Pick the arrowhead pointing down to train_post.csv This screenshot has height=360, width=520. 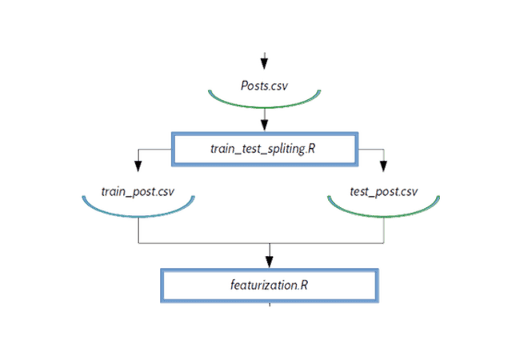click(138, 166)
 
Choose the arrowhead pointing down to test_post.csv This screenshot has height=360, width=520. click(383, 166)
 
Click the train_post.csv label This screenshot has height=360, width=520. click(138, 194)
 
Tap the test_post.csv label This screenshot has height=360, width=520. click(384, 194)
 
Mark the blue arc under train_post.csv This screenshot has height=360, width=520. click(138, 215)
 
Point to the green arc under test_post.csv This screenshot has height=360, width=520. click(384, 215)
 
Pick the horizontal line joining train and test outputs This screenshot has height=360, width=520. click(208, 242)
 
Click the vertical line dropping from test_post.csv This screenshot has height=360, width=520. click(384, 230)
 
